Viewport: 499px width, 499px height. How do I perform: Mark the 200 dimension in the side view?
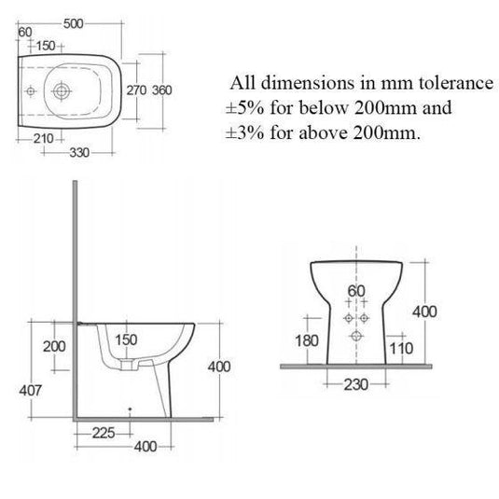(53, 346)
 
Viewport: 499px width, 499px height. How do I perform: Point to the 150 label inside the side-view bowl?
(126, 340)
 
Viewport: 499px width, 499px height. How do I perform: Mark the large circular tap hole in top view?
(62, 90)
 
